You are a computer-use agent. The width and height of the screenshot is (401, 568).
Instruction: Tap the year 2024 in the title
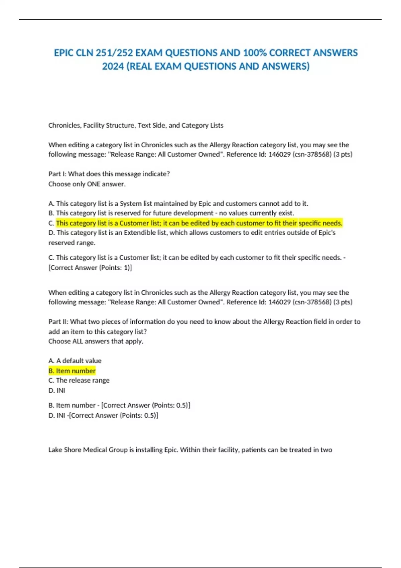tap(113, 66)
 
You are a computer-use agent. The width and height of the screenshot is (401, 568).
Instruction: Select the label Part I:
tap(57, 174)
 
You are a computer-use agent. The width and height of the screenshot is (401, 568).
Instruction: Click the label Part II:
tap(58, 321)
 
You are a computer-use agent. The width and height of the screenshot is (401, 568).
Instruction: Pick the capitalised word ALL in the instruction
tap(78, 341)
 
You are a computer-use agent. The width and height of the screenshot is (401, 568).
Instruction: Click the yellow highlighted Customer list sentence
tap(199, 223)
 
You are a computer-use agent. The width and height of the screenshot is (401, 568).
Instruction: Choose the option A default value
tap(75, 361)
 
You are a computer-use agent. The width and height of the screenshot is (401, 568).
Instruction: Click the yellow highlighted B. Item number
tap(72, 371)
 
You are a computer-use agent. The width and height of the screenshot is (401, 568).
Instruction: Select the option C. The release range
tap(79, 380)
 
